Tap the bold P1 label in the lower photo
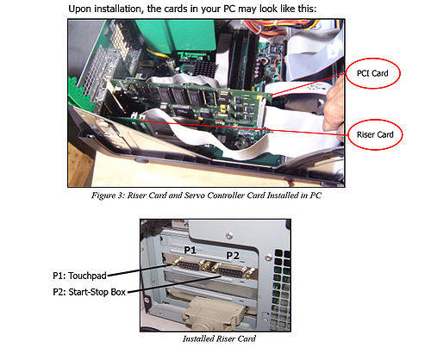(x=191, y=250)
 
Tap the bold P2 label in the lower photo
(x=233, y=255)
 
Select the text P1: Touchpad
(x=79, y=276)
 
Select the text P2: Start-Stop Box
(x=90, y=292)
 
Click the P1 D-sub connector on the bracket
(x=190, y=264)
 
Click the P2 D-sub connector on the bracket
(x=233, y=270)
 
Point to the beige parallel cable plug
(x=214, y=313)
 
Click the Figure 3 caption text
(x=206, y=196)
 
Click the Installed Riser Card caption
(x=219, y=338)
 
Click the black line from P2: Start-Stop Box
(x=174, y=284)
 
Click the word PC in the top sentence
(x=229, y=9)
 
